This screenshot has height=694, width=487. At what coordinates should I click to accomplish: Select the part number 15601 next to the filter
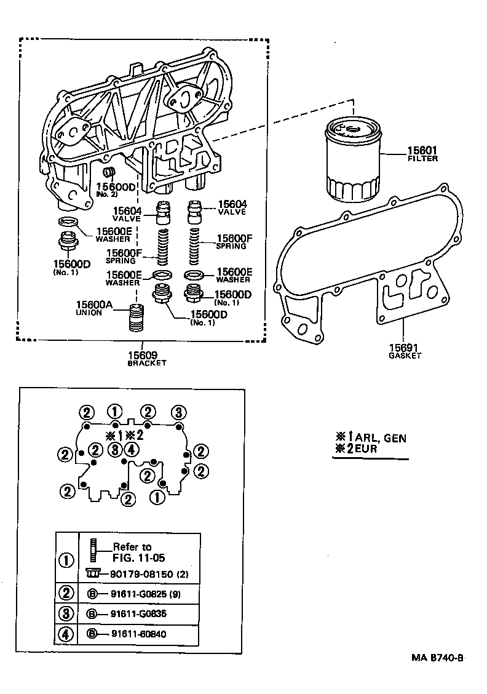click(422, 150)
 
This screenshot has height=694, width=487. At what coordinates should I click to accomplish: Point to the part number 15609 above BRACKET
click(143, 355)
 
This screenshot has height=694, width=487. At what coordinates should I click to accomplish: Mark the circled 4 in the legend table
click(66, 634)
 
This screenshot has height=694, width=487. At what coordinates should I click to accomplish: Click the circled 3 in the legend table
click(66, 613)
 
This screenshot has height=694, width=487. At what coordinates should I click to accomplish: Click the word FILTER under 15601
click(422, 159)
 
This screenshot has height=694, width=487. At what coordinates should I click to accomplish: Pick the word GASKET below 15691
click(405, 356)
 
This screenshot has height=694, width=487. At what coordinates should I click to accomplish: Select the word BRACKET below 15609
click(146, 364)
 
